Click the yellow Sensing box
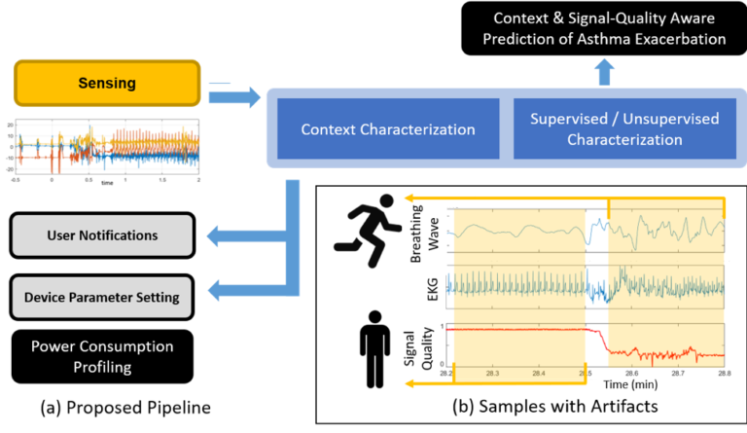pyautogui.click(x=107, y=84)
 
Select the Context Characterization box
pyautogui.click(x=388, y=129)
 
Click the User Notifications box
pyautogui.click(x=102, y=235)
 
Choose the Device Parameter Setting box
pyautogui.click(x=102, y=296)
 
